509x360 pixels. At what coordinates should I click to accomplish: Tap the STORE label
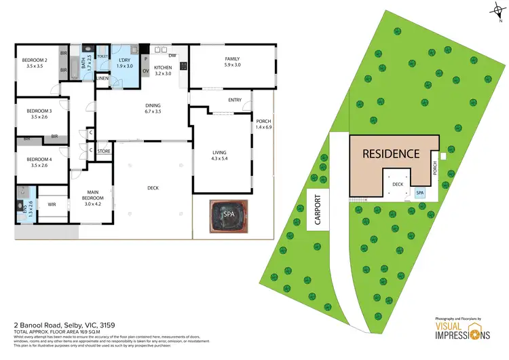(104, 151)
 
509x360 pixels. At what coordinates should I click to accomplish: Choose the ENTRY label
(235, 101)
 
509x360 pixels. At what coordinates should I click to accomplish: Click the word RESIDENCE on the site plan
(391, 154)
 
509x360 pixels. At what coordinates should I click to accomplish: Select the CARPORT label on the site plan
(317, 211)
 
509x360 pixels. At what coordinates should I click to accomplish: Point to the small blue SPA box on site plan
(421, 193)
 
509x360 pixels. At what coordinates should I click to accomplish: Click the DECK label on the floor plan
(153, 188)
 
